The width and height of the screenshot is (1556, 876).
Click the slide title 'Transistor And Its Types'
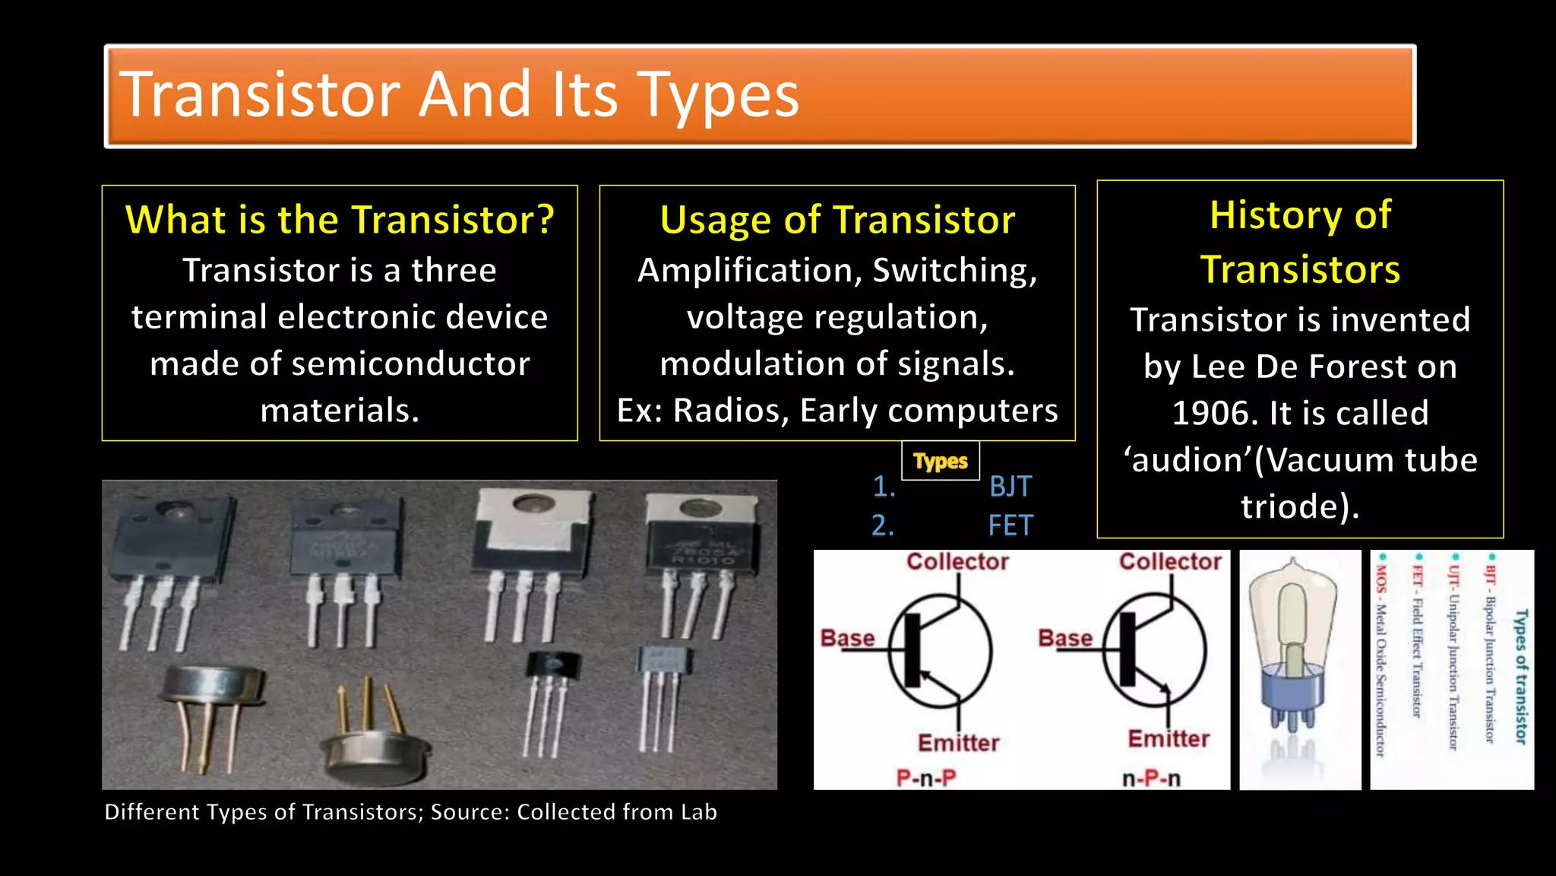pos(459,95)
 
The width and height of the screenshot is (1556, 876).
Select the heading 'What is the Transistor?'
pos(340,220)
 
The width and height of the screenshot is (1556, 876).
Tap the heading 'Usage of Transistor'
pos(837,220)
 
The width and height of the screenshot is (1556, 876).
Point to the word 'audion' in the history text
pos(1186,461)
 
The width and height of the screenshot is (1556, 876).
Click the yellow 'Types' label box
pos(940,461)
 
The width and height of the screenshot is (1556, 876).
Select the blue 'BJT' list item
pos(1010,487)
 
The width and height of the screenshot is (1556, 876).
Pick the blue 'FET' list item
pos(1010,525)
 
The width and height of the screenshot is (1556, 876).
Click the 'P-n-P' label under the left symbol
pos(925,778)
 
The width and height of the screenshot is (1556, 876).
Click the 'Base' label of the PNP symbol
pos(847,638)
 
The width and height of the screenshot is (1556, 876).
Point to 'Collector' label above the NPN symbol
pos(1169,562)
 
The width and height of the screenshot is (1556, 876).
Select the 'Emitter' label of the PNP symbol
pos(958,743)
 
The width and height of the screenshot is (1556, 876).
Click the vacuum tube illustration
pos(1299,662)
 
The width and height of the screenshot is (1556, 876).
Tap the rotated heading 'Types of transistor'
pos(1520,676)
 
